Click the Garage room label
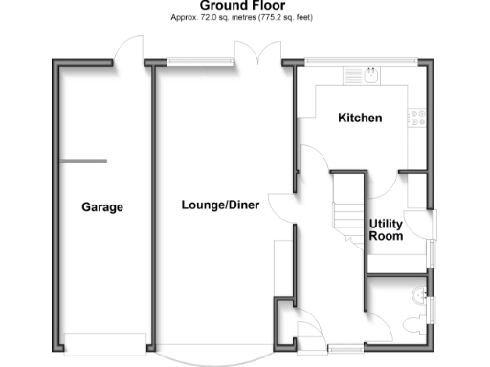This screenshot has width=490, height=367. click(102, 207)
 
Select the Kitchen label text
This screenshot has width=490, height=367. click(361, 119)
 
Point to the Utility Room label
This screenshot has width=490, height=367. click(387, 230)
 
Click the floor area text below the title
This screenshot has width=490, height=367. click(241, 18)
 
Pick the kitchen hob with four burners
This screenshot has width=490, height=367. click(418, 117)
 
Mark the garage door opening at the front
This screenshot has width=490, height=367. click(105, 340)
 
